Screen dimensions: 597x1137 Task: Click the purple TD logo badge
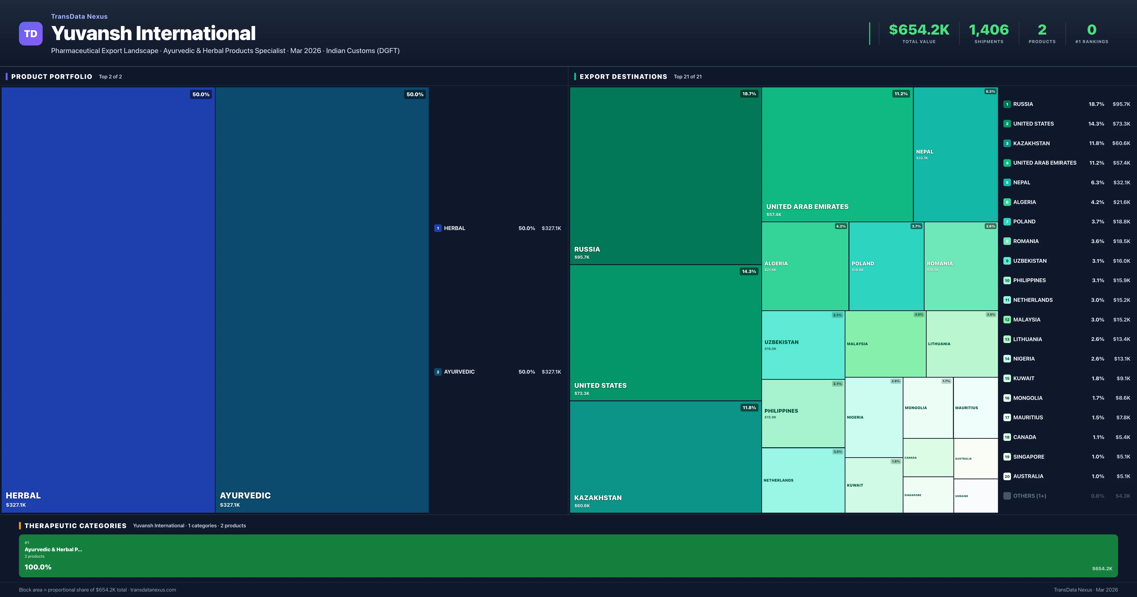click(31, 34)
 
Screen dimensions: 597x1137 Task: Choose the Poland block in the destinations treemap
click(886, 266)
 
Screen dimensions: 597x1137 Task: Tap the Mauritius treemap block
click(975, 407)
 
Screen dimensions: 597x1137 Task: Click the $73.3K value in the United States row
click(1121, 124)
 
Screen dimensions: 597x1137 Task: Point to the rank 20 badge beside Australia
click(1007, 476)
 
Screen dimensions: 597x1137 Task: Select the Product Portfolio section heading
click(52, 76)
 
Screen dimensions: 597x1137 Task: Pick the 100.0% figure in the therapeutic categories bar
click(38, 567)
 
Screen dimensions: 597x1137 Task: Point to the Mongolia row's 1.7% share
click(1098, 398)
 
